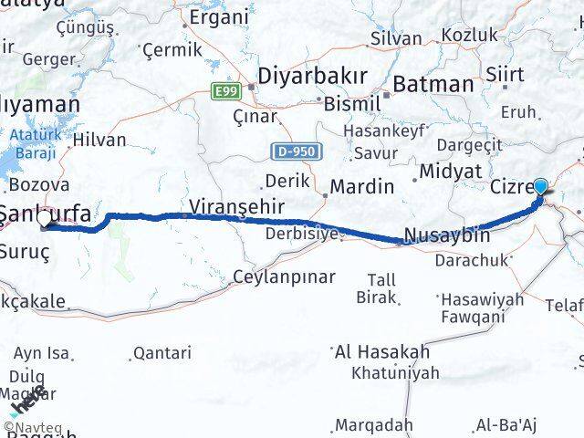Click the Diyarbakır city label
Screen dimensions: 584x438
click(x=312, y=76)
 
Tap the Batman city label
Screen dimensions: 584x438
click(x=433, y=84)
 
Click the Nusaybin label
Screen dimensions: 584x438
click(x=446, y=235)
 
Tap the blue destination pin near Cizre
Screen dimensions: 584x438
click(x=541, y=188)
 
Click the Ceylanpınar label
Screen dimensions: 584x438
click(x=284, y=276)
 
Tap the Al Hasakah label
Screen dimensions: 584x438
click(x=381, y=351)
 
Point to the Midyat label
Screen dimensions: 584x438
click(x=450, y=171)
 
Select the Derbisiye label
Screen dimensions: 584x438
click(x=302, y=235)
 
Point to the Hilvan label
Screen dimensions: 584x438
click(x=100, y=140)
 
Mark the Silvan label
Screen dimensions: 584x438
click(x=395, y=38)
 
